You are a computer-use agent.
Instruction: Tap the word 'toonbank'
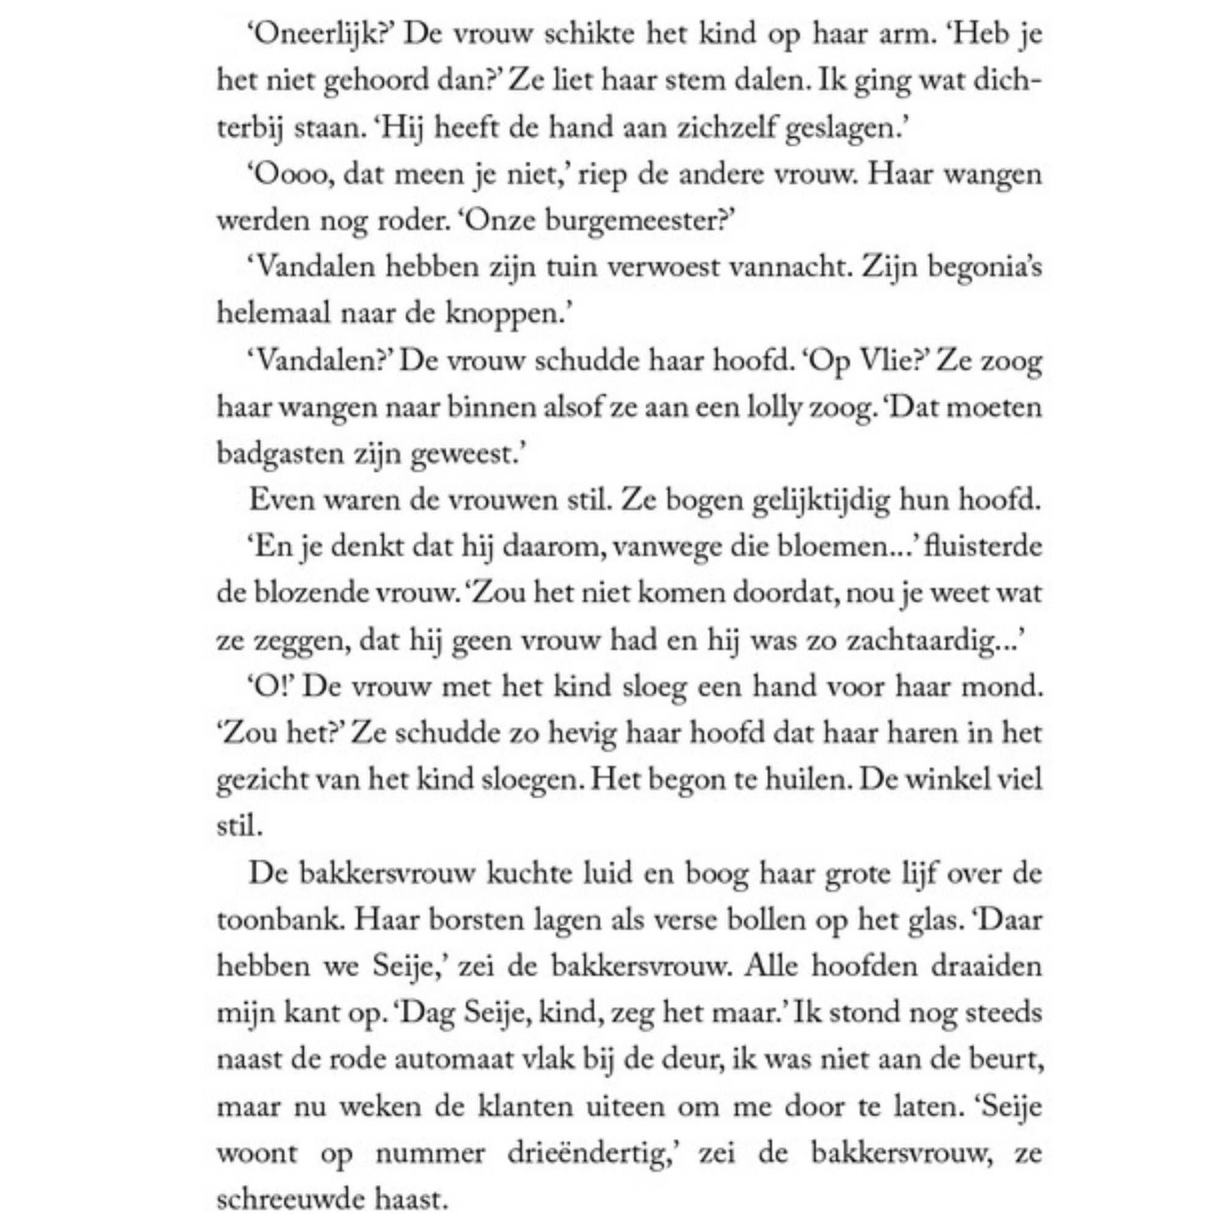tap(281, 920)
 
